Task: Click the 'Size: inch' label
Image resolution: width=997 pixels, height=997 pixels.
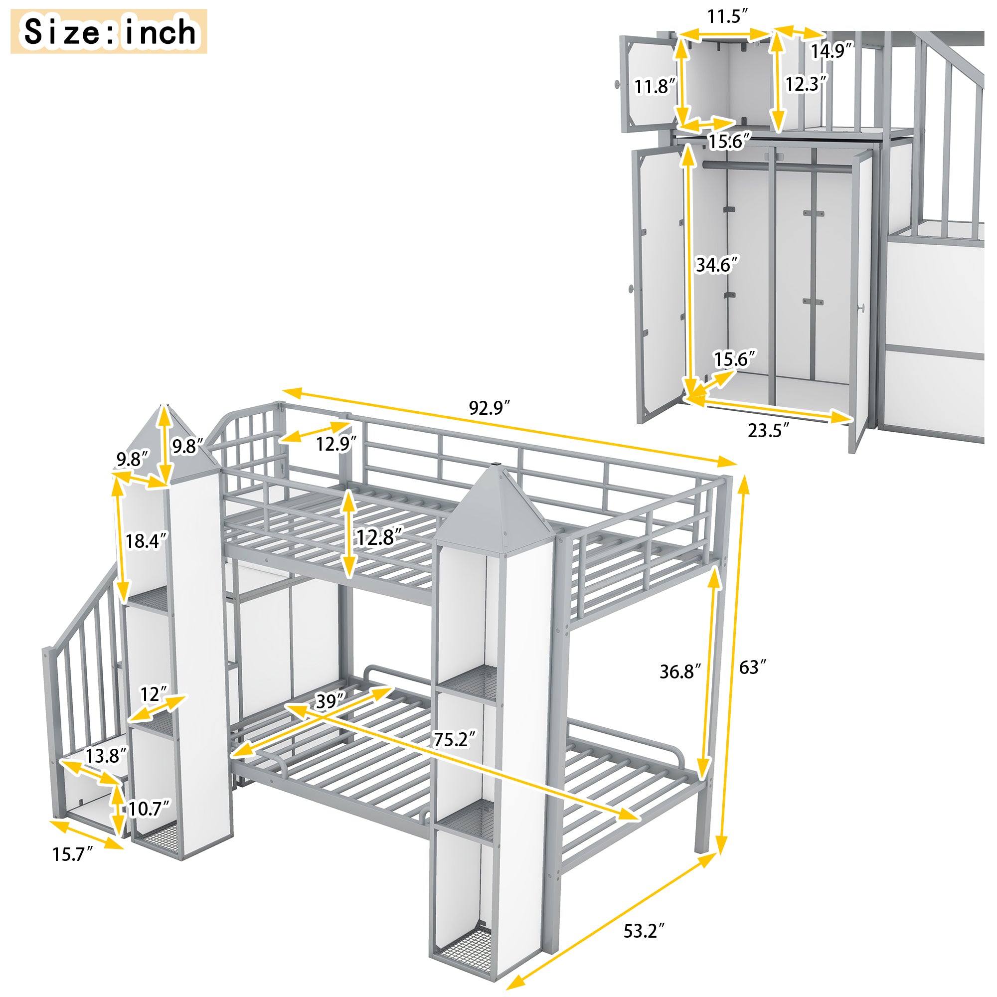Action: [109, 31]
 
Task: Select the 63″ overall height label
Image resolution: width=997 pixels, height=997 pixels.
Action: [752, 667]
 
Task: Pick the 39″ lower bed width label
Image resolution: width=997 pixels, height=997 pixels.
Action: [330, 701]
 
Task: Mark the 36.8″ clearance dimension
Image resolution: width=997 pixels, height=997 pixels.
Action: [680, 671]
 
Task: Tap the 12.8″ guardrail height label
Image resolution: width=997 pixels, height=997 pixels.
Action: [379, 538]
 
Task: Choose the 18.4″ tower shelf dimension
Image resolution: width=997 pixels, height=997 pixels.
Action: [147, 541]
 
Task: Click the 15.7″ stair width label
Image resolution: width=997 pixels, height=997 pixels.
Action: [72, 854]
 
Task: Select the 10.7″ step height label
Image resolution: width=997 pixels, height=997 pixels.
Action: [149, 809]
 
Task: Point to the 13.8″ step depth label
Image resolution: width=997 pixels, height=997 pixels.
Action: [106, 756]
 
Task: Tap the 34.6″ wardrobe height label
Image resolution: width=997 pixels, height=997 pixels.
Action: [717, 265]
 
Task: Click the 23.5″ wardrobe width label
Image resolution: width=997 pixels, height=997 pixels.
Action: [768, 430]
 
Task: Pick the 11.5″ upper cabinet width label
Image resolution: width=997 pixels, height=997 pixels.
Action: [727, 16]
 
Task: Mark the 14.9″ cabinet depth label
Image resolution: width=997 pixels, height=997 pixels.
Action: [831, 51]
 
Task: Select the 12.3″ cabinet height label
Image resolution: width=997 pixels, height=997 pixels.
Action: [806, 84]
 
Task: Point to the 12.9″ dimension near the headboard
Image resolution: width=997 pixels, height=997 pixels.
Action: [336, 444]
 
